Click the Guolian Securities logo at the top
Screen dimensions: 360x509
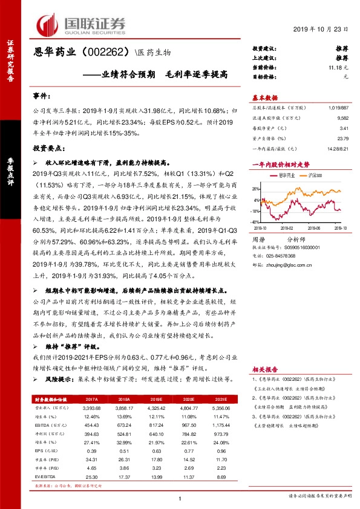click(81, 24)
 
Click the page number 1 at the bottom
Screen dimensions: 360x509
click(180, 498)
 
